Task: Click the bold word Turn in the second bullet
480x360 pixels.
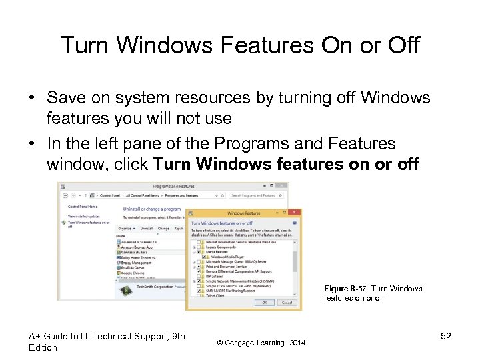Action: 173,164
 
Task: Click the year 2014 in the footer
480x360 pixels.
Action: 297,343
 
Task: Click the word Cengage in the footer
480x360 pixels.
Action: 243,343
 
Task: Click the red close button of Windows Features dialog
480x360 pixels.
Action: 298,214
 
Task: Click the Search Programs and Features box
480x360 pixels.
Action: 257,196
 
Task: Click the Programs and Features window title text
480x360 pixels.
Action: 173,187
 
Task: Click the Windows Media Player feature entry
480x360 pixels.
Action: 227,256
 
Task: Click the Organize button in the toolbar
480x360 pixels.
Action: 126,228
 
